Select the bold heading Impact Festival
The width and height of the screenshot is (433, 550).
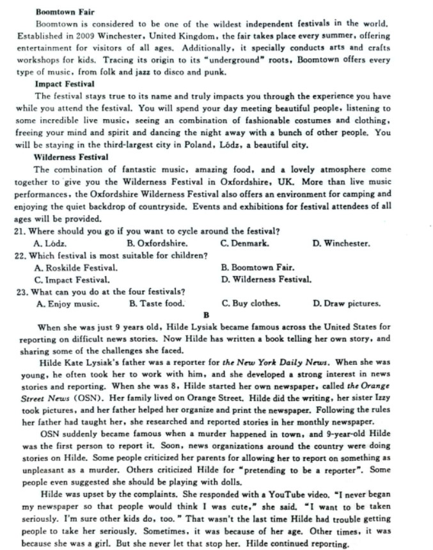(65, 84)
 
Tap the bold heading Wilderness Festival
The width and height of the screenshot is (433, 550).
(71, 156)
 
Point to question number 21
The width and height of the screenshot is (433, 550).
(20, 231)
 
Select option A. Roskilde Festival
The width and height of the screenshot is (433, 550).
(75, 267)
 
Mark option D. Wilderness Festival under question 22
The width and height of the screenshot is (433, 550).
(266, 279)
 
